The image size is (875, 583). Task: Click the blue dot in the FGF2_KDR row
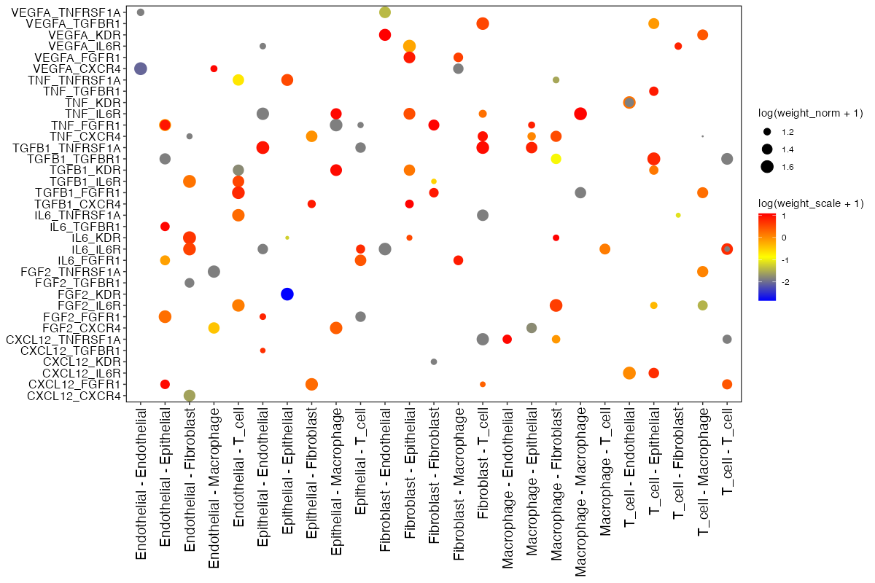point(287,294)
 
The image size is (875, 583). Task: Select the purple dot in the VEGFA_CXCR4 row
point(141,69)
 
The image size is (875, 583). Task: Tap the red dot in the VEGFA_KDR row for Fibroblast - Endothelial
point(385,35)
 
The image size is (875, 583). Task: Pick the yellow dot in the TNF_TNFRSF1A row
point(238,79)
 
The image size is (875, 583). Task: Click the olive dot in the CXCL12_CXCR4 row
point(189,396)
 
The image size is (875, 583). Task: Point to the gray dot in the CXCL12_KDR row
point(434,361)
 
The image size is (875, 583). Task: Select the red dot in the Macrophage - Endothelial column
point(507,339)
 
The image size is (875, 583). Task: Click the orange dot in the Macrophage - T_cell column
point(604,249)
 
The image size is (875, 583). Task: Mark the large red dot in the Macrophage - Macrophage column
point(580,114)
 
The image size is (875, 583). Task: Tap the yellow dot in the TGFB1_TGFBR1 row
point(556,159)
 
